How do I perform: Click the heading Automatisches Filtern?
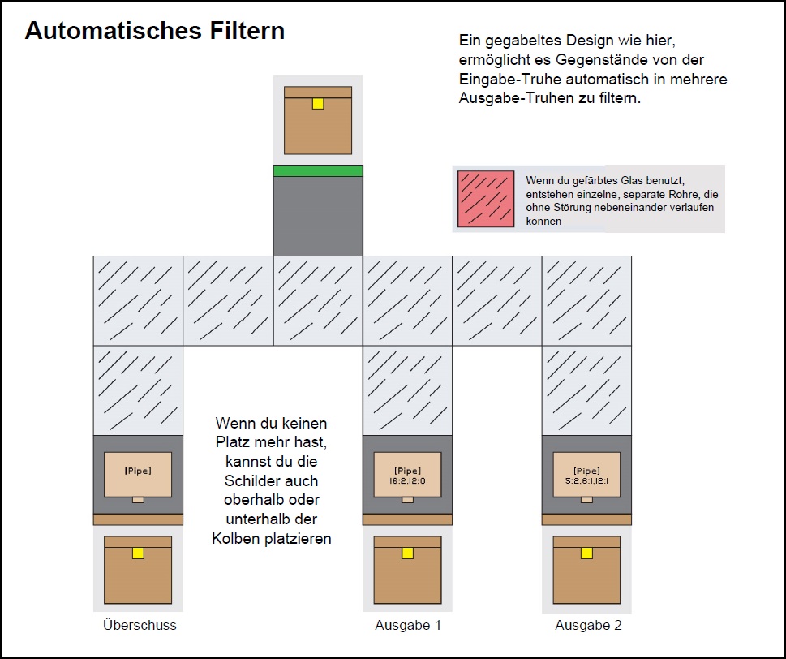[x=155, y=31]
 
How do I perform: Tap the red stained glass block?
[x=485, y=199]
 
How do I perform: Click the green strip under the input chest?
[x=318, y=170]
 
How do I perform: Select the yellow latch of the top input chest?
[x=318, y=104]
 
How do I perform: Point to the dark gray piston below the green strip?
[x=318, y=216]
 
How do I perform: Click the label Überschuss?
[x=140, y=625]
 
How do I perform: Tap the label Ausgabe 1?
[x=408, y=625]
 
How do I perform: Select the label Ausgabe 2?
[x=588, y=625]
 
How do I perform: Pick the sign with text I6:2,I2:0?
[x=407, y=474]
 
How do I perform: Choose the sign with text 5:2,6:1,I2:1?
[x=587, y=474]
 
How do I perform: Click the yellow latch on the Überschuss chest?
[x=138, y=553]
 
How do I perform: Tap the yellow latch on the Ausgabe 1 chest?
[x=407, y=553]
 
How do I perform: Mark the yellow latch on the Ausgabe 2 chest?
[x=587, y=553]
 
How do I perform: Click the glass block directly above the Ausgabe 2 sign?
[x=587, y=390]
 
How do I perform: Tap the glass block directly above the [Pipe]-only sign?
[x=138, y=390]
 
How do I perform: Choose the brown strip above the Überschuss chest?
[x=138, y=519]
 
